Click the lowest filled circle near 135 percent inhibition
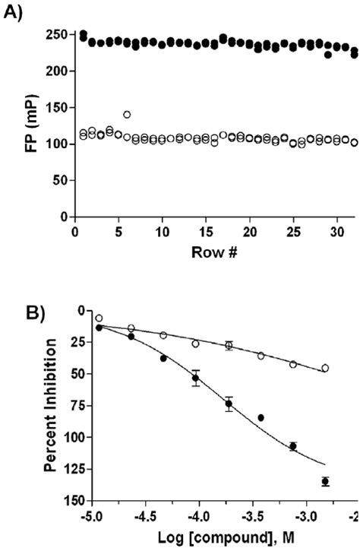[325, 481]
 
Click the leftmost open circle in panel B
[99, 318]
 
